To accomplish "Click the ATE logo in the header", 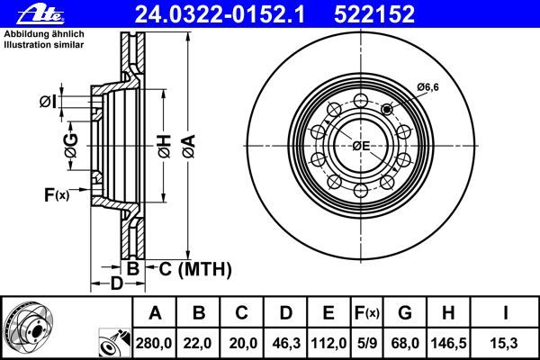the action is [40, 14].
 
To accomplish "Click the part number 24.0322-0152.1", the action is [220, 14].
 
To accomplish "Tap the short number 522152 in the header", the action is [374, 14].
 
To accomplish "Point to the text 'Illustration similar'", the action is [44, 45].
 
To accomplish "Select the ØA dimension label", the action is [189, 147].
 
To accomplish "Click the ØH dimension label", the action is [165, 147].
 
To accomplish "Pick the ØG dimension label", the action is [71, 146].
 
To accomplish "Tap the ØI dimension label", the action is [48, 102].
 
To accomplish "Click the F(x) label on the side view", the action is [57, 195].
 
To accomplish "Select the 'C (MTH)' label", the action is [195, 269].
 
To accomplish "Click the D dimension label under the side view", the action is [116, 283].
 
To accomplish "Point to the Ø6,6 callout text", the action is [428, 87].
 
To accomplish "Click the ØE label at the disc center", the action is [361, 146].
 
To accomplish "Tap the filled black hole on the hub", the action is [387, 110].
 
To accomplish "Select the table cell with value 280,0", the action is [154, 344].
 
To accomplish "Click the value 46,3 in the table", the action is [286, 344].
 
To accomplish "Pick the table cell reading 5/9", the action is [367, 344].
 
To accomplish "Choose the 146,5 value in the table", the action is [449, 344].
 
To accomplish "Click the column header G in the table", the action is [405, 313].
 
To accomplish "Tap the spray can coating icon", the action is [115, 343].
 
